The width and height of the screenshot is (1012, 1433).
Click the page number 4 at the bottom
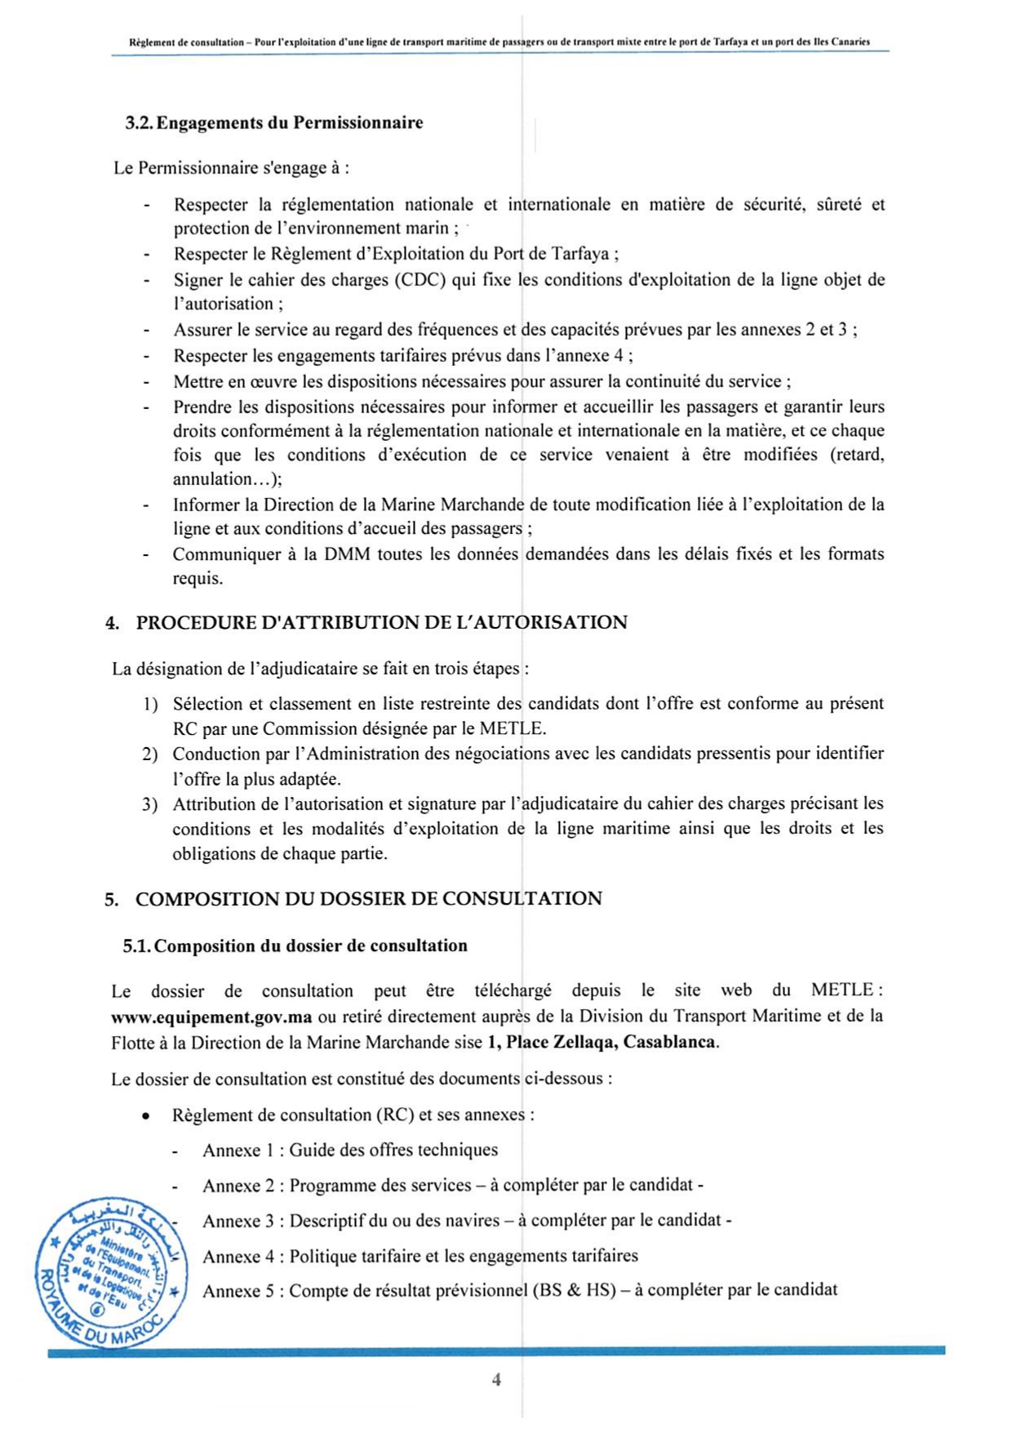click(496, 1379)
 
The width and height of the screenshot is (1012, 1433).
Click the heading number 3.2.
click(139, 123)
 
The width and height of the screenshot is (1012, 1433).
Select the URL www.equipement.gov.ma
click(212, 1017)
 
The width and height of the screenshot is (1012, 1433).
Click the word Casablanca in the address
click(670, 1042)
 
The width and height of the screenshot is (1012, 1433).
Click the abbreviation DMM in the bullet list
click(347, 554)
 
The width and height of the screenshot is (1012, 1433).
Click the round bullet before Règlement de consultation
click(145, 1115)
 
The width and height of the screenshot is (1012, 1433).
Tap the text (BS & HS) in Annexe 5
click(574, 1291)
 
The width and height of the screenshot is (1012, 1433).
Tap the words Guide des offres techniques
click(393, 1150)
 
